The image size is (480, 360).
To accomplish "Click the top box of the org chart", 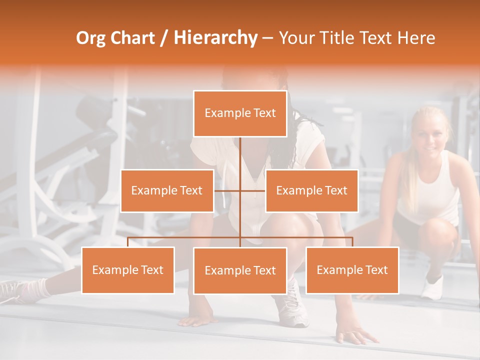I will click(240, 113).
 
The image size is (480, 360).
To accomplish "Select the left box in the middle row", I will click(167, 190).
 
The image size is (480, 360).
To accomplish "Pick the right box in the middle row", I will click(311, 190).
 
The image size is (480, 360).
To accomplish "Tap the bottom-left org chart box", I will click(128, 270).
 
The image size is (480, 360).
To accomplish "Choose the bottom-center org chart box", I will click(240, 270).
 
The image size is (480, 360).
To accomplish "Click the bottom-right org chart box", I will click(352, 270).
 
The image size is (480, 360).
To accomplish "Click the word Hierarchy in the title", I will click(215, 38).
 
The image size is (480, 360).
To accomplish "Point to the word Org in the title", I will click(91, 38).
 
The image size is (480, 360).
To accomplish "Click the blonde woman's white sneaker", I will click(432, 287).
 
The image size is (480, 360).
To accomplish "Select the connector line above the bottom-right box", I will click(352, 241).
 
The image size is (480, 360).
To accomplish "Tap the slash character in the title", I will click(163, 38).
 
